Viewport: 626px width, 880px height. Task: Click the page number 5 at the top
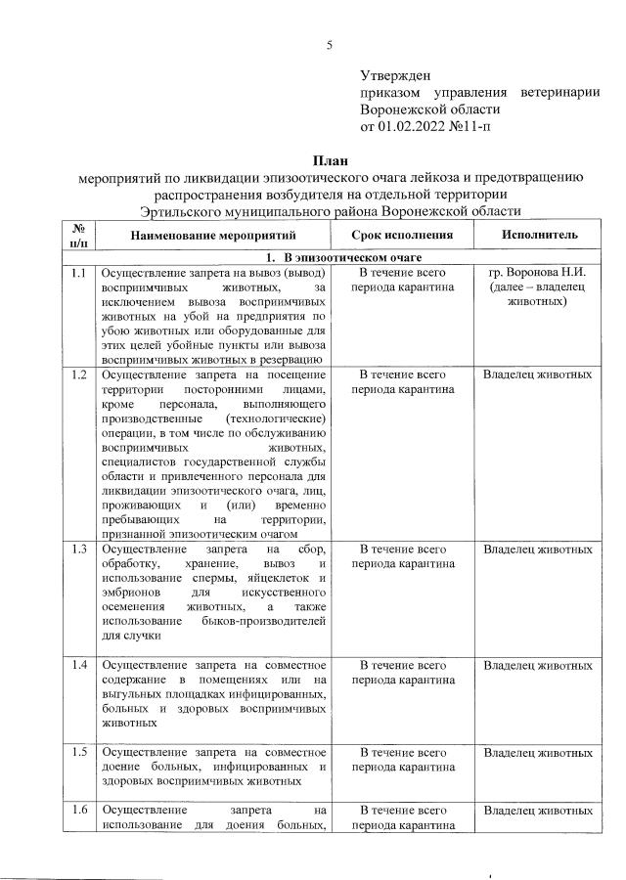tap(330, 44)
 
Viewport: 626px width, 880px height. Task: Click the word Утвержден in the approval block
tap(395, 74)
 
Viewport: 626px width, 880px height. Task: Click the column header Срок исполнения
tap(403, 236)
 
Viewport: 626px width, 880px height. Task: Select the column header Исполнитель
tap(538, 236)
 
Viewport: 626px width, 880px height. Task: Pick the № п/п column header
tap(80, 236)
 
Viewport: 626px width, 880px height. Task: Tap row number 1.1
tap(80, 273)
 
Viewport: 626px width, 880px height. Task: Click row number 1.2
tap(80, 374)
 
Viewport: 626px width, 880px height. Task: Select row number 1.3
tap(80, 550)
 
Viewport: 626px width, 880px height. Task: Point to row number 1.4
tap(80, 665)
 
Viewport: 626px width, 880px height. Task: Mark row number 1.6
tap(80, 811)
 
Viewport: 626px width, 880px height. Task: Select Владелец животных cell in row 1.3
tap(538, 550)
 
